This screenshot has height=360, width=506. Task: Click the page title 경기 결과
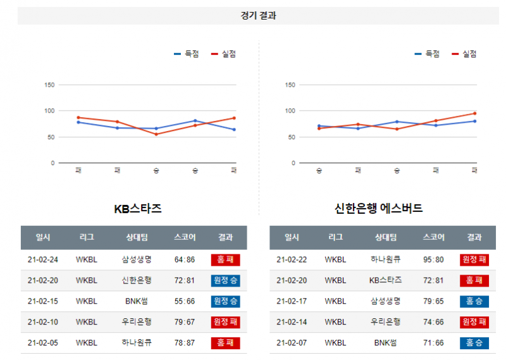tap(258, 16)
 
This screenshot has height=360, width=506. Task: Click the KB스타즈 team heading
tap(138, 208)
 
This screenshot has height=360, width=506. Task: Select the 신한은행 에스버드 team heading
tap(379, 208)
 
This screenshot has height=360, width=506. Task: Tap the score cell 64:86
tap(185, 259)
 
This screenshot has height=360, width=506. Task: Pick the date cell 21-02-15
tap(43, 301)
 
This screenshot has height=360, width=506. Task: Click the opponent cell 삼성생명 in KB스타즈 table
tap(137, 259)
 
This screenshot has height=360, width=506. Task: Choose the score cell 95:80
tap(433, 259)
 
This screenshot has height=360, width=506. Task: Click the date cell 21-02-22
tap(292, 259)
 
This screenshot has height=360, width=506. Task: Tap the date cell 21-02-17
tap(292, 301)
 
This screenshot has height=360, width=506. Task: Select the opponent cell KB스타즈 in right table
tap(385, 280)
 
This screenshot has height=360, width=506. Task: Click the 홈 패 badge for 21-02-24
tap(225, 259)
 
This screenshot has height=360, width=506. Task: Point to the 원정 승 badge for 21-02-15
tap(225, 301)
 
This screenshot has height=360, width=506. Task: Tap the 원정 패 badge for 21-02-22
tap(474, 259)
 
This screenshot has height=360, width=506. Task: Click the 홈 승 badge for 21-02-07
tap(474, 343)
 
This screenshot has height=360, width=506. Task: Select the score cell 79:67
tap(185, 322)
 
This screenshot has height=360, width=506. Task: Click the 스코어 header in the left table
tap(185, 237)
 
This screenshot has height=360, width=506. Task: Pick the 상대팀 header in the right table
tap(385, 237)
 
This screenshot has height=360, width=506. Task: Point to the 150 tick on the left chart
tap(49, 85)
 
